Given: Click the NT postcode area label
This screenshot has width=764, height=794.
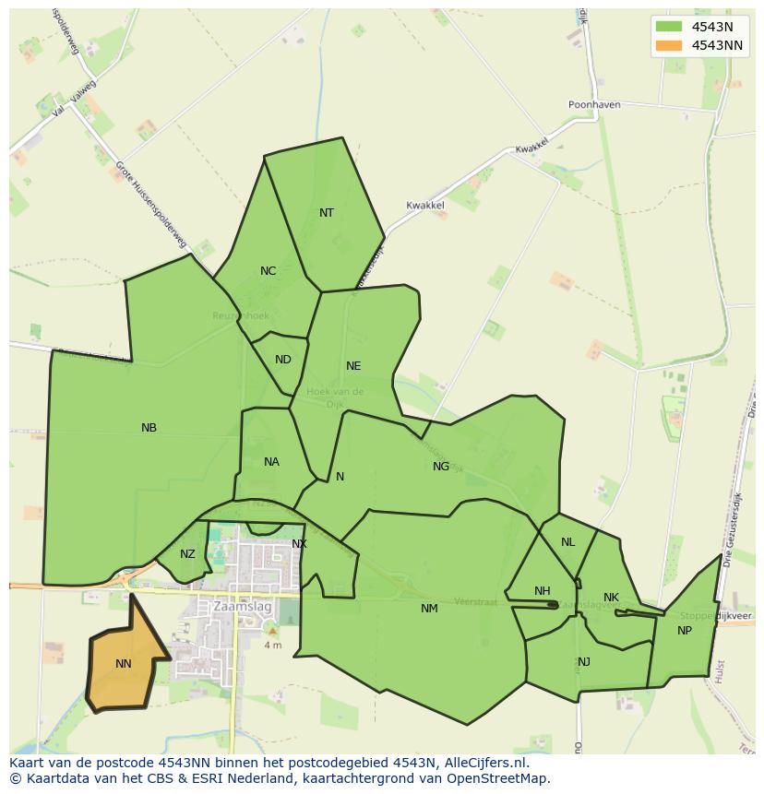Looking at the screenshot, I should (327, 213).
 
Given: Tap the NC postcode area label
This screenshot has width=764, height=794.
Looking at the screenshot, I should (268, 271).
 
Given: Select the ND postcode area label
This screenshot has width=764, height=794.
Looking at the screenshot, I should (283, 360).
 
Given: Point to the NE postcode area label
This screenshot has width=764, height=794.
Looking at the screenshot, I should (353, 366).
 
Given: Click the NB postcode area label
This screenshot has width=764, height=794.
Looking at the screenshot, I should (149, 428).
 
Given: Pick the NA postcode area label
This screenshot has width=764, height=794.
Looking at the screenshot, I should (271, 462).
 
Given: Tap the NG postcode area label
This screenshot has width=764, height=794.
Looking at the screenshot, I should (441, 467).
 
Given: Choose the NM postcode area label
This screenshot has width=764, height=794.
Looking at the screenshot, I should (429, 609).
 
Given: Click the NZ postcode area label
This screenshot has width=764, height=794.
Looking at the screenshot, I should (187, 554).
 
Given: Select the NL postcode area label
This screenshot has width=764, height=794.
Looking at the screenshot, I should (567, 542).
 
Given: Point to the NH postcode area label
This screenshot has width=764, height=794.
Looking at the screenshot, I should (542, 591).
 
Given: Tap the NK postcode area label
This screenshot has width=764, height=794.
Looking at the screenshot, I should (611, 598).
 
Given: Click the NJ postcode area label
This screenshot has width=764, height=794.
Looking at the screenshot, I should (584, 662).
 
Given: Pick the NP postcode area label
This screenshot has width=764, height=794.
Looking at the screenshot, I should (685, 631).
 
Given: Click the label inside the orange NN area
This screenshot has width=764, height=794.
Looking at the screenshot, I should (124, 664).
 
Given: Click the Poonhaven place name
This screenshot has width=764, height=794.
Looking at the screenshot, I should (593, 105).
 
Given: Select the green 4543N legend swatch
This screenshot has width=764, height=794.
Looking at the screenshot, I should (669, 27).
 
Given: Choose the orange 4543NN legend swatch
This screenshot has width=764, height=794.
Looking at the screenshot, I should (669, 45).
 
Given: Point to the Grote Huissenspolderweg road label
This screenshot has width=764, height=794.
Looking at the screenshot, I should (151, 205).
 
